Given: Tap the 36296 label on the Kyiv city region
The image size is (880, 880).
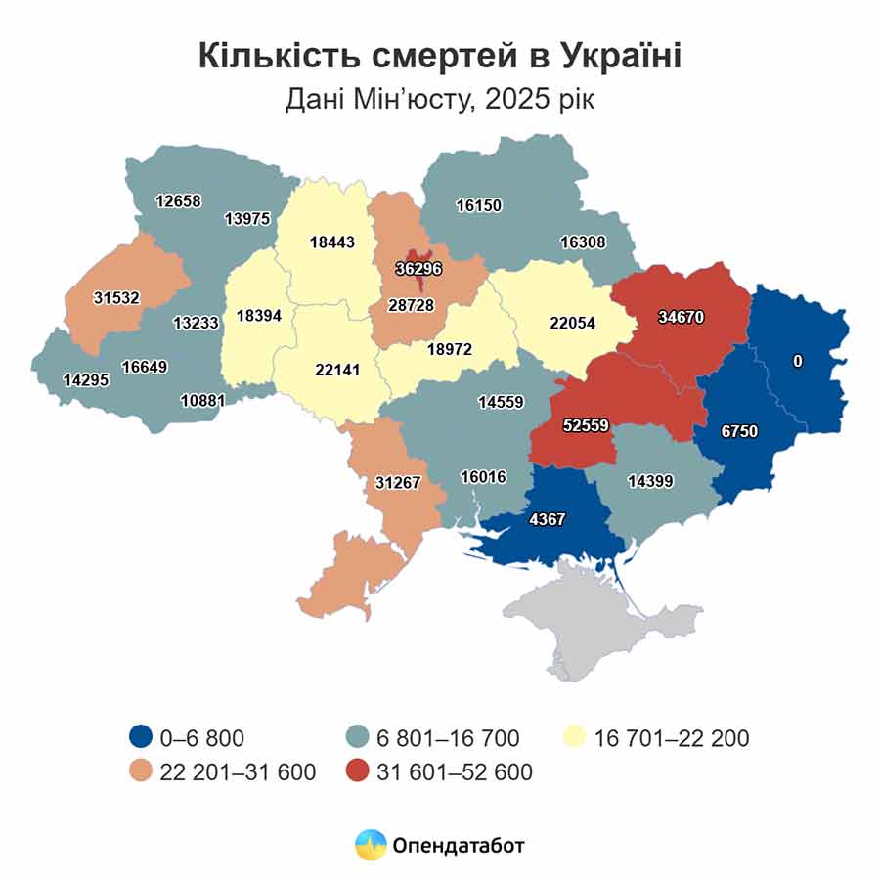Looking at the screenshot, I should [x=418, y=266].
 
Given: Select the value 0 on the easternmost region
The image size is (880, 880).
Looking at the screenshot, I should [x=797, y=361].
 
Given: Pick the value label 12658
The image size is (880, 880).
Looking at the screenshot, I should [x=178, y=201].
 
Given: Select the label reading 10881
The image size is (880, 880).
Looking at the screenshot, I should [x=202, y=399].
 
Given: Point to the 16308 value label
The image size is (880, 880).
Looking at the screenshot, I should [x=583, y=242].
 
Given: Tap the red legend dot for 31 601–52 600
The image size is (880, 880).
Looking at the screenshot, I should [x=362, y=771].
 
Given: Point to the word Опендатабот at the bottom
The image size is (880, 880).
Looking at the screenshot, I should [x=458, y=845].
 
